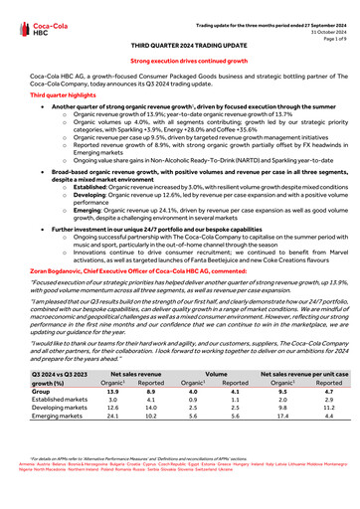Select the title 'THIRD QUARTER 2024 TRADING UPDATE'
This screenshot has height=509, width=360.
[x=179, y=46]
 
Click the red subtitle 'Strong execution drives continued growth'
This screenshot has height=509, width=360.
[x=179, y=61]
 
